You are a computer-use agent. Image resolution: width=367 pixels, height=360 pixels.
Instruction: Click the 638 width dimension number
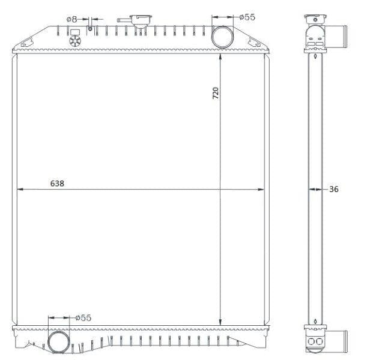click(58, 183)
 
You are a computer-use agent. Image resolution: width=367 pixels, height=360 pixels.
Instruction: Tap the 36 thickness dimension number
click(335, 189)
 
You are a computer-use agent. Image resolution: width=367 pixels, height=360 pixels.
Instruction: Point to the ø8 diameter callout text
click(71, 19)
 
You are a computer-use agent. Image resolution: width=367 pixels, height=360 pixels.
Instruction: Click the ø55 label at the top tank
click(247, 17)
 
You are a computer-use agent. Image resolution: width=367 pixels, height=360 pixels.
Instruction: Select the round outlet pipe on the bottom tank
click(59, 342)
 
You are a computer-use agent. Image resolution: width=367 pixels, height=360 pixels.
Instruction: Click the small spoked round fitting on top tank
click(75, 41)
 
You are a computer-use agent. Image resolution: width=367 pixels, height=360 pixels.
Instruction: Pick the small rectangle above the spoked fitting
click(75, 32)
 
